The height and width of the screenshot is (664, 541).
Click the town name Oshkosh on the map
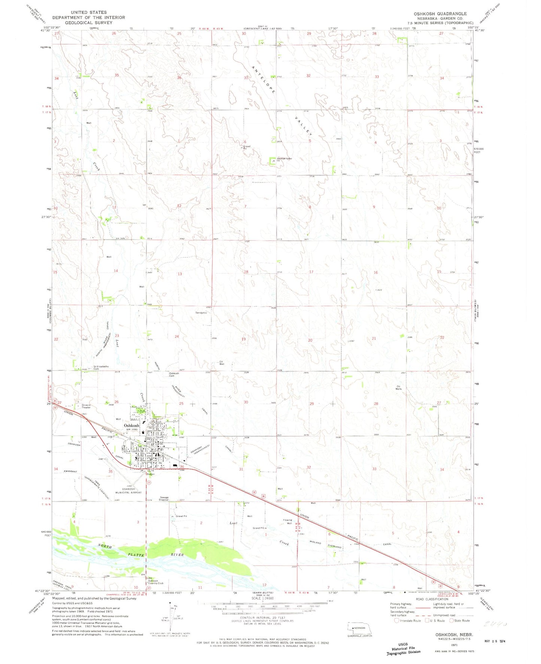[x=131, y=426]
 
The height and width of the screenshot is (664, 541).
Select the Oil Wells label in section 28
[x=398, y=387]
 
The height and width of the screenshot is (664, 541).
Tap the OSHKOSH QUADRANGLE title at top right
[x=440, y=13]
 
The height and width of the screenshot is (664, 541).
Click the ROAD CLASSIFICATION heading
[x=431, y=599]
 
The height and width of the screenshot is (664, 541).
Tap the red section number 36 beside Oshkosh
[x=182, y=467]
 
